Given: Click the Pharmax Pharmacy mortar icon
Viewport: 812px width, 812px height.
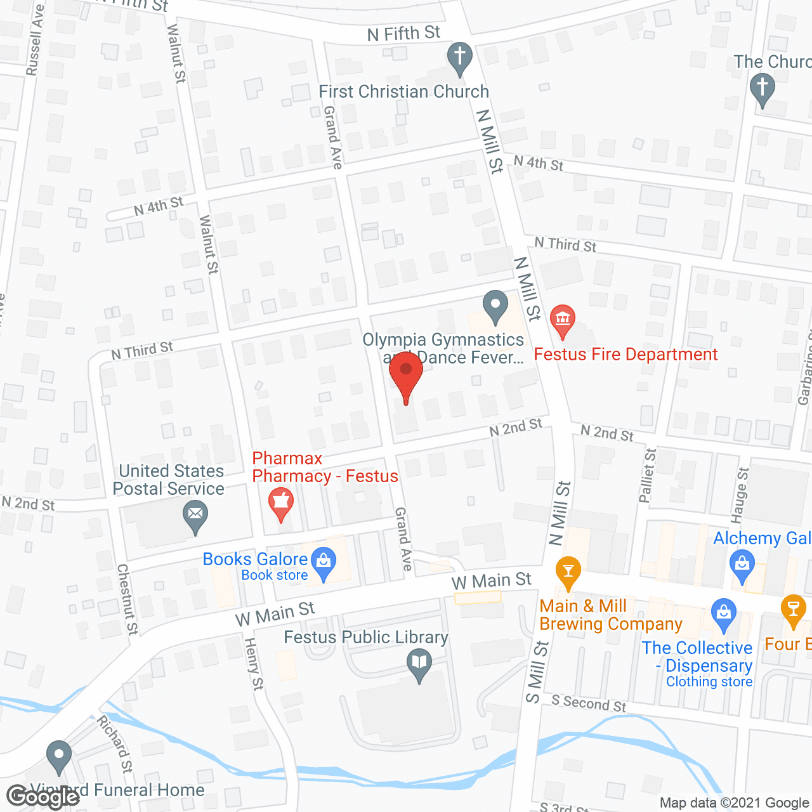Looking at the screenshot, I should (x=280, y=502).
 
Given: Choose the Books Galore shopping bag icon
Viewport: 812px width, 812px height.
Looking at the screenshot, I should (x=324, y=561).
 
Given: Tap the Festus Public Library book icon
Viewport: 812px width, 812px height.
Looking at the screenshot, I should (x=419, y=665).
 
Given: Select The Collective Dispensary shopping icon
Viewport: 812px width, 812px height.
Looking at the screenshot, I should (x=723, y=614).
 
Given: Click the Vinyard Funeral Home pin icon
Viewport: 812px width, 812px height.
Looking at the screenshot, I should (x=59, y=756).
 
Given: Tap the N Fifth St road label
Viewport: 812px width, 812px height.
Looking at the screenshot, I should (x=403, y=33).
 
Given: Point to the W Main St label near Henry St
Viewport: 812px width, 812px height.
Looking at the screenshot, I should (x=275, y=613).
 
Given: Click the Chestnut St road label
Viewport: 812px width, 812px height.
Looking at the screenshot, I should (x=128, y=599).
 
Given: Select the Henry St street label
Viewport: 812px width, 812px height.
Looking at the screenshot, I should (x=254, y=664).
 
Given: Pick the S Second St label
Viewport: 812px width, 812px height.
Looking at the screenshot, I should (x=588, y=703).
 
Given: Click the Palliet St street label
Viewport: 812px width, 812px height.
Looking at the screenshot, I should (x=647, y=475).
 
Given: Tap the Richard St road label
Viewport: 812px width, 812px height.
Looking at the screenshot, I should (x=115, y=743).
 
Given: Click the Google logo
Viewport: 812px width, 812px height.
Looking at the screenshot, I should (x=43, y=797).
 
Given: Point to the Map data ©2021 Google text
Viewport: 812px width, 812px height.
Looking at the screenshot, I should (x=734, y=803).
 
